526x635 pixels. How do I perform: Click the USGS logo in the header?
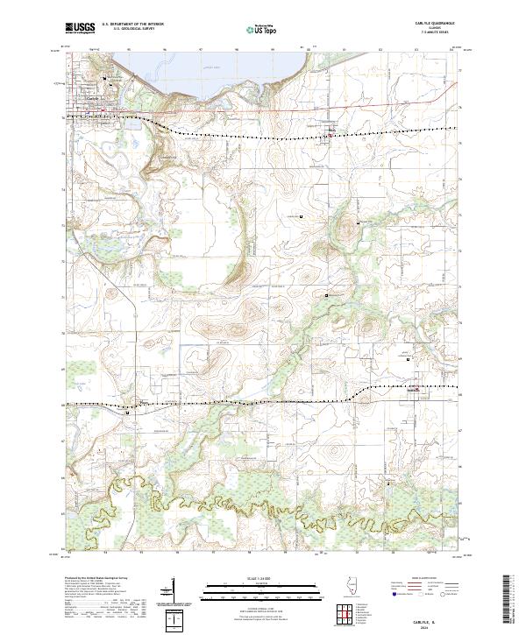click(80, 28)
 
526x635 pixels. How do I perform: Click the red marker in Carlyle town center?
click(103, 110)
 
